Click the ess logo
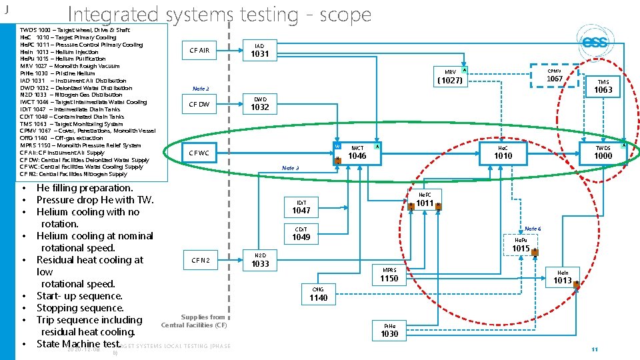[595, 43]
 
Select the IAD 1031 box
[260, 50]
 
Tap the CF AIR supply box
[199, 50]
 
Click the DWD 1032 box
[260, 103]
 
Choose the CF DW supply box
[199, 104]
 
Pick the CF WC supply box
[199, 153]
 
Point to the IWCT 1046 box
[358, 153]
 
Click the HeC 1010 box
[503, 153]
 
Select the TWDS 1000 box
[603, 153]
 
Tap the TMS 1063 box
[603, 86]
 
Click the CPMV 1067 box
[555, 76]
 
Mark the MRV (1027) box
[449, 77]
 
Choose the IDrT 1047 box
[301, 207]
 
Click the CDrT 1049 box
[301, 233]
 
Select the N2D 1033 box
[260, 260]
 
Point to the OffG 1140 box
[319, 294]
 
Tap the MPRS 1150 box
[389, 275]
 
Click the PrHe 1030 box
[389, 330]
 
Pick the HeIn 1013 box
[563, 277]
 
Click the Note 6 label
[533, 229]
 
